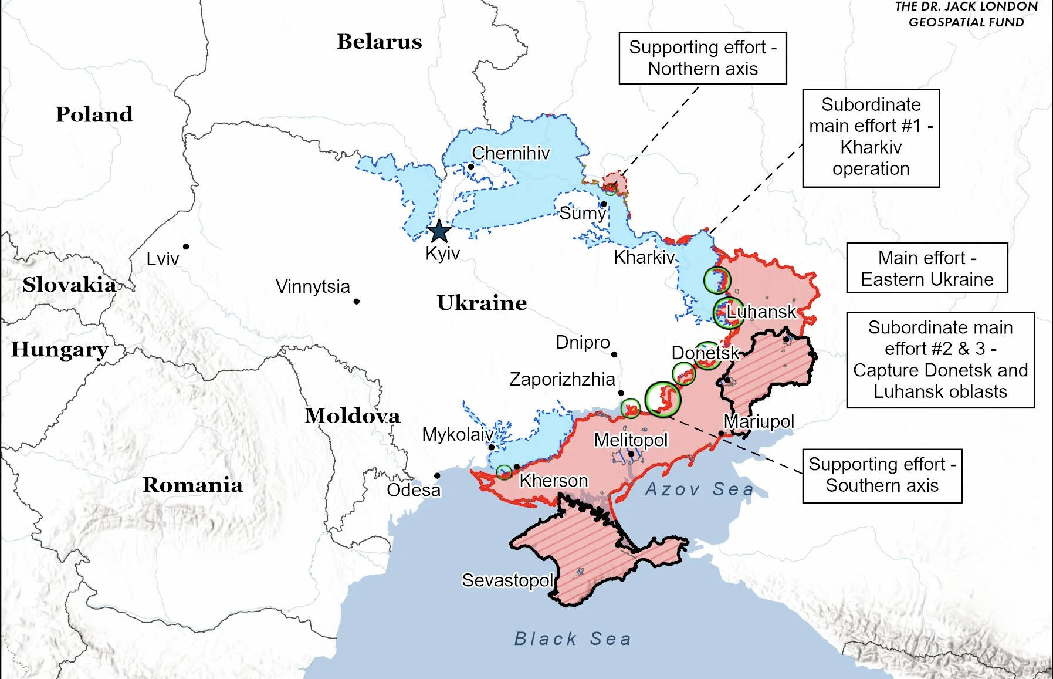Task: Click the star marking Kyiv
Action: point(439,231)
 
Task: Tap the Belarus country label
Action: point(379,42)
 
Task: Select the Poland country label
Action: point(94,114)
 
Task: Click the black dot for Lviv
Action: point(186,246)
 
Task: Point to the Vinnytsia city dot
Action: point(357,302)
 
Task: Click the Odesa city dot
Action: point(437,475)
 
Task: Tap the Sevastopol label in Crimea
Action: point(507,580)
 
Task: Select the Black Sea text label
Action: point(573,639)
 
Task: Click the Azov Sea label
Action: point(699,489)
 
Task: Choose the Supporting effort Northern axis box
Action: point(703,58)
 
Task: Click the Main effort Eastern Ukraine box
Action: point(927,268)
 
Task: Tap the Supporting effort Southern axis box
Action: point(882,475)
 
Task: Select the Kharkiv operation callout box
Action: point(871,138)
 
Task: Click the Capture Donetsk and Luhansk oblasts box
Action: point(940,360)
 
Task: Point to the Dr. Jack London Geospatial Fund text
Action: point(966,15)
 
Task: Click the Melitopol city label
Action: point(631,440)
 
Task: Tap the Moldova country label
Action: point(352,415)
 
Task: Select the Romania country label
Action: point(192,485)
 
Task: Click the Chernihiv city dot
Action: point(470,167)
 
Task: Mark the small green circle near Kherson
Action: point(504,472)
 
